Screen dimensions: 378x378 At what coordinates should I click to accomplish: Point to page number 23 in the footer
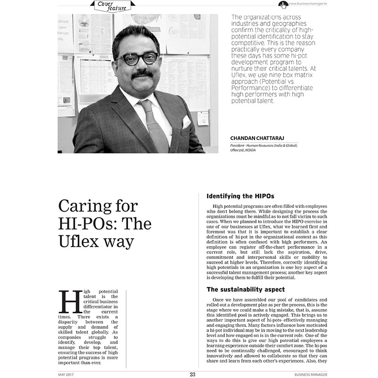click(x=192, y=374)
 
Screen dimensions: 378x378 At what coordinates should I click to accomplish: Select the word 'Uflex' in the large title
click(x=77, y=240)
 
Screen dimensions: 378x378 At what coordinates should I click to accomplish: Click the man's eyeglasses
click(x=138, y=59)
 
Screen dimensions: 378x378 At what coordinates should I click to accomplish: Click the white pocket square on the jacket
click(x=185, y=122)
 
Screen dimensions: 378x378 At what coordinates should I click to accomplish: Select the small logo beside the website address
click(x=283, y=4)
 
